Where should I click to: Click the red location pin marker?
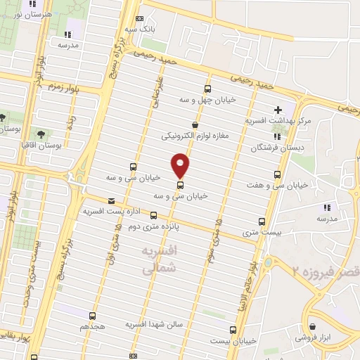coord(181,165)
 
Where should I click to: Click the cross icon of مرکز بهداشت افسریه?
coord(278,110)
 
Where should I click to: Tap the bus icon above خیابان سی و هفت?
coord(278,174)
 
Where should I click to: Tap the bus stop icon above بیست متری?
coord(262,221)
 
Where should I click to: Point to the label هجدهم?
coord(93,327)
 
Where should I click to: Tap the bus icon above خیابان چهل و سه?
coord(207,89)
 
